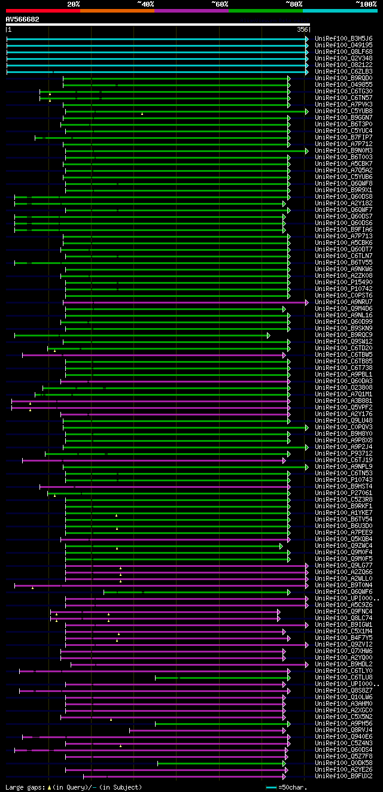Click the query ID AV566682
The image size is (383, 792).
(x=23, y=19)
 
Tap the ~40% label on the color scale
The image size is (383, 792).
(x=145, y=4)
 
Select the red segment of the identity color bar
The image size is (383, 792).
(x=42, y=10)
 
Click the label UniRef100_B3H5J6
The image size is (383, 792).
(x=344, y=39)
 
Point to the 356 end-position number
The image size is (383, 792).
(x=302, y=29)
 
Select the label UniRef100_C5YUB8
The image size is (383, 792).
(x=344, y=111)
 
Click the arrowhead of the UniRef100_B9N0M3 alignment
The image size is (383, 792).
(x=307, y=151)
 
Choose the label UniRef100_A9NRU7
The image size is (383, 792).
(x=344, y=302)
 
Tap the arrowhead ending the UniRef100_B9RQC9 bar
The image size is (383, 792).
(x=269, y=335)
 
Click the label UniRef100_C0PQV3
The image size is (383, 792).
(x=344, y=427)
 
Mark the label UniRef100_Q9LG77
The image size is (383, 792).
(x=344, y=565)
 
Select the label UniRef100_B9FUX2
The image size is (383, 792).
(x=344, y=776)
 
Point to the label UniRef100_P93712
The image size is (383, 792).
(x=344, y=454)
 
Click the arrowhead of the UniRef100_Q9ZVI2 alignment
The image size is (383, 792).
(x=307, y=644)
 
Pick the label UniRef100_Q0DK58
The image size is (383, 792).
(x=344, y=763)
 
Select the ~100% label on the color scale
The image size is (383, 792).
(x=366, y=4)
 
